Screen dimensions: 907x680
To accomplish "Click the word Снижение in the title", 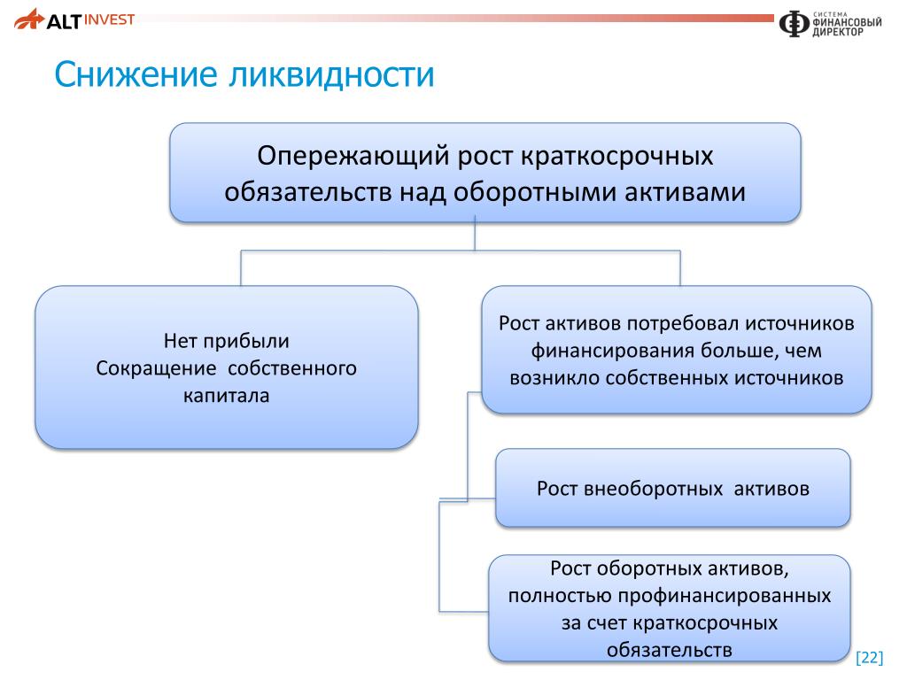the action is [x=136, y=74].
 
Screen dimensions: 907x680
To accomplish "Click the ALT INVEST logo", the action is [x=74, y=19].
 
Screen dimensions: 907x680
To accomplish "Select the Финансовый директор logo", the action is [x=830, y=24].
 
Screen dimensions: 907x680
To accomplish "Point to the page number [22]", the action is [x=870, y=658].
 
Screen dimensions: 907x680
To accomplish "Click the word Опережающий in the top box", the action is [x=353, y=156].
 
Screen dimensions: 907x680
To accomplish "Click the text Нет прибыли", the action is [x=226, y=341].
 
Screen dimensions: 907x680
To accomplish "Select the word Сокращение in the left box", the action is [x=156, y=368].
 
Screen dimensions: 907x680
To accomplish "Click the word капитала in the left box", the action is [x=226, y=396].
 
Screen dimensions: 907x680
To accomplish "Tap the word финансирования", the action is [x=613, y=351].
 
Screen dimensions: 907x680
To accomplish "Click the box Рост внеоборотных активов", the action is [x=673, y=488].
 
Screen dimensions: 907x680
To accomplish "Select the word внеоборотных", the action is [x=654, y=489].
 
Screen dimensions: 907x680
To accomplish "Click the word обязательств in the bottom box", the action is [x=670, y=650].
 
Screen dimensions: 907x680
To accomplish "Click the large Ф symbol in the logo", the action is [x=793, y=24].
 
